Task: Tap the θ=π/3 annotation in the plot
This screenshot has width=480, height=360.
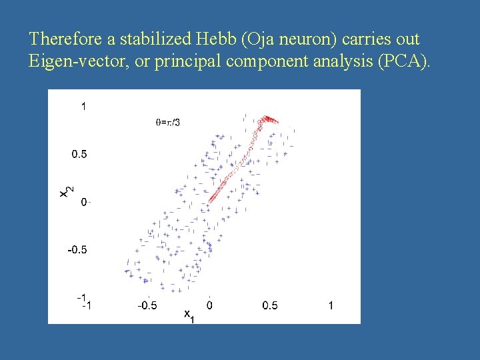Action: click(x=167, y=122)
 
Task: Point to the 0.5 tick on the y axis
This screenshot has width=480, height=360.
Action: click(x=79, y=154)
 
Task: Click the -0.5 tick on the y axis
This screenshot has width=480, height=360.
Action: click(x=77, y=249)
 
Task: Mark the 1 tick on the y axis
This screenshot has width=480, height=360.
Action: click(x=84, y=105)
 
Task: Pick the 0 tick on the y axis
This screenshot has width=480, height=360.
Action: click(x=84, y=201)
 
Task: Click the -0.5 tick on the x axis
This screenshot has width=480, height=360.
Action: click(x=147, y=305)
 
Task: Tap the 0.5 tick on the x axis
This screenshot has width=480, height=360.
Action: click(x=270, y=305)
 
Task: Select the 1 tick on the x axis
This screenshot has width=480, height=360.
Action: click(x=331, y=305)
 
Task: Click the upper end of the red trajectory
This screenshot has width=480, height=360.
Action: click(x=269, y=119)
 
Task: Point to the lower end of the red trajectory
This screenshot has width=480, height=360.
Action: click(x=209, y=201)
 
